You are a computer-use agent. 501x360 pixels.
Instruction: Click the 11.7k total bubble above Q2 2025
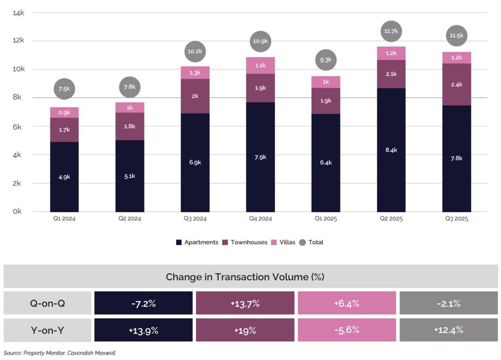391,31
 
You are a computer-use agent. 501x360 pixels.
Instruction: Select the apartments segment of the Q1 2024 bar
65,177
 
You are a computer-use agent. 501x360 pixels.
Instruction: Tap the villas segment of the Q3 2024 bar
195,72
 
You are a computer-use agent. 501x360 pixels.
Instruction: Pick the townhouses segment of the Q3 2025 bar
456,84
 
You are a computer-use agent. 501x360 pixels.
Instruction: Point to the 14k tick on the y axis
19,13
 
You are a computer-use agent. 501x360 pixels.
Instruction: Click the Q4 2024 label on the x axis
260,219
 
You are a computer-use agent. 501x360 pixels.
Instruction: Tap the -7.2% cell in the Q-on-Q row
143,303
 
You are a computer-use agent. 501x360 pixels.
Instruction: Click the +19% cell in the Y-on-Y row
245,330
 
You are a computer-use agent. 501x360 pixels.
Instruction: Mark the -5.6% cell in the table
346,330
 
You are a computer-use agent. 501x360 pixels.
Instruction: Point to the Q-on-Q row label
47,303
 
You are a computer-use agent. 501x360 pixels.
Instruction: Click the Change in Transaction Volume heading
245,277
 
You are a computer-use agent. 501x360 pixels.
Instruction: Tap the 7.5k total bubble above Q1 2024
65,89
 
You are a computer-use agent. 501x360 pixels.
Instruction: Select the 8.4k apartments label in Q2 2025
391,150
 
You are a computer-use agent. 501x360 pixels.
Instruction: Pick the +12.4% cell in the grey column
448,330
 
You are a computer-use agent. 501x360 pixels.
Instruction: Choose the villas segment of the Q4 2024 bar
260,65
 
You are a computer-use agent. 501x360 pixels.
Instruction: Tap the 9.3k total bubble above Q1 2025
326,60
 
